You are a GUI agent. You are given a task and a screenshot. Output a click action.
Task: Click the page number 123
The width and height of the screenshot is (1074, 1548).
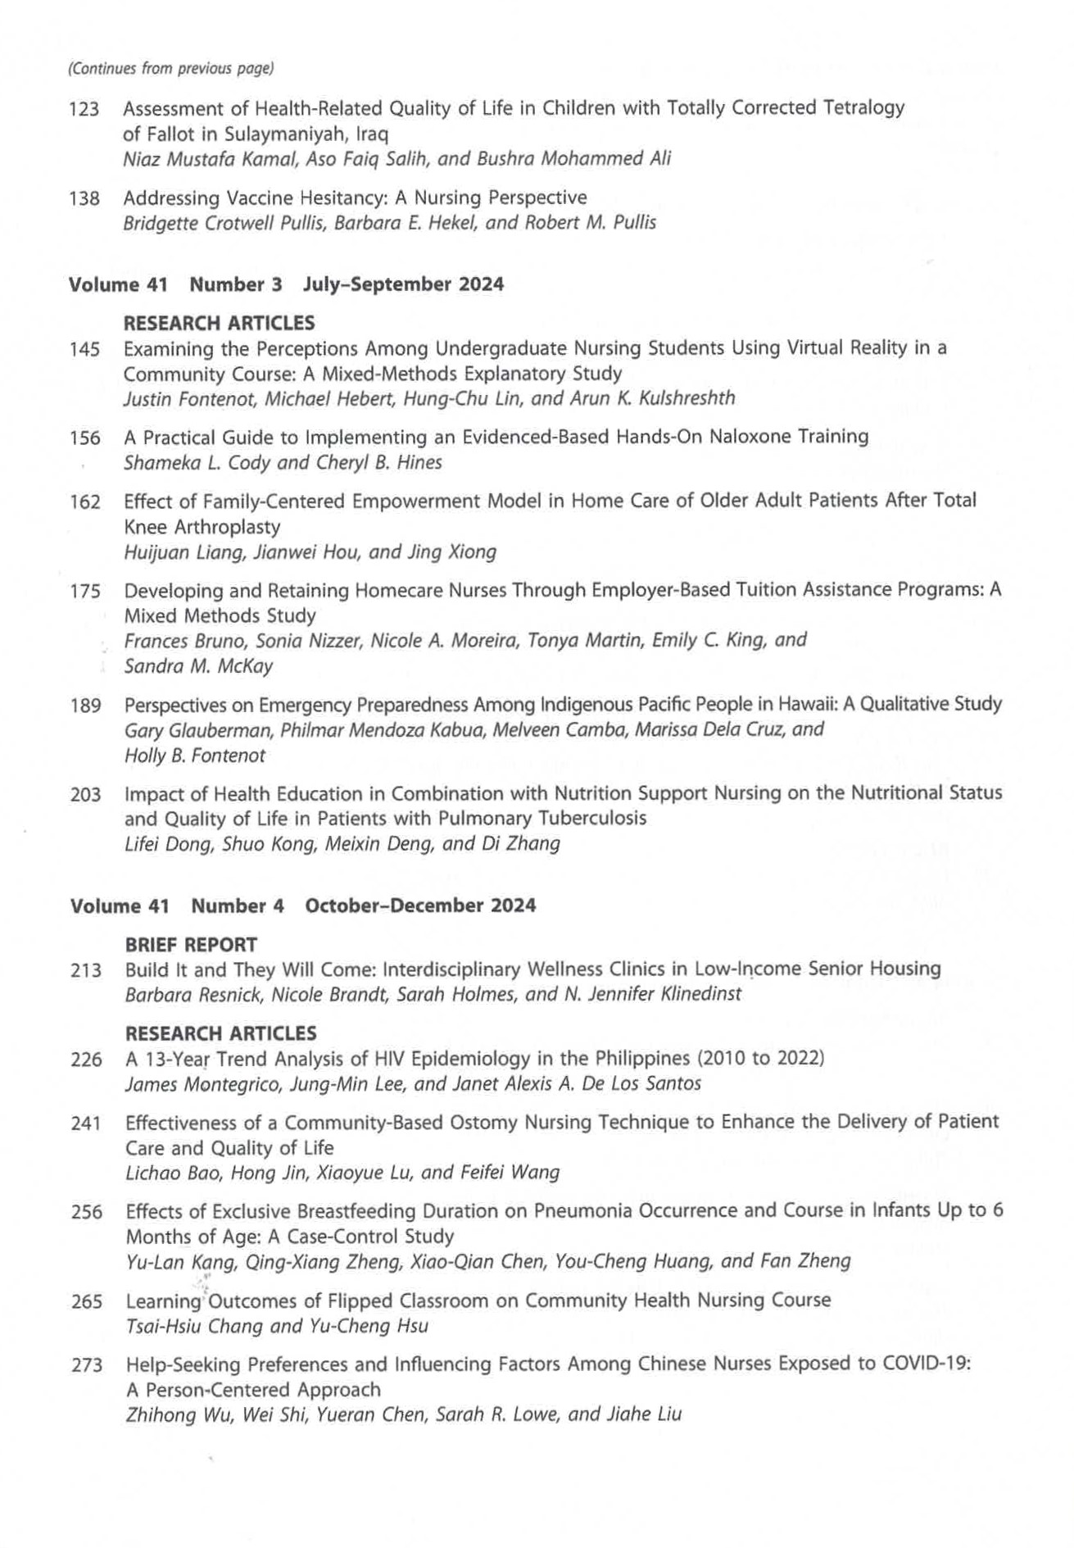pyautogui.click(x=84, y=109)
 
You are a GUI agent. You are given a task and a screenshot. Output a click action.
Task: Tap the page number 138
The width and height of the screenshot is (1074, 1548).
pyautogui.click(x=84, y=198)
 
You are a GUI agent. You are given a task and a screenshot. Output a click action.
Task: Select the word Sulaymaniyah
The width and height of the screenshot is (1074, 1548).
pyautogui.click(x=289, y=134)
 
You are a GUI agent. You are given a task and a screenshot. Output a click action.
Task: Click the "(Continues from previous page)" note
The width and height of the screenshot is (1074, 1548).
pyautogui.click(x=170, y=69)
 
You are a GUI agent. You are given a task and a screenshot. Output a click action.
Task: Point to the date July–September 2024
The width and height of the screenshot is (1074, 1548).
pyautogui.click(x=403, y=284)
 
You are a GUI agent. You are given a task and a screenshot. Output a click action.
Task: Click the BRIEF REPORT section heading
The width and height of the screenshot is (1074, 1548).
pyautogui.click(x=191, y=945)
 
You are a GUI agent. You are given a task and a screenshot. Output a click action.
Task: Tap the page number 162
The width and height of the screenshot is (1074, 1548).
pyautogui.click(x=85, y=502)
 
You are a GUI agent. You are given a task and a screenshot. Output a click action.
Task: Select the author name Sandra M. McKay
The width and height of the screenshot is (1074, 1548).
pyautogui.click(x=198, y=666)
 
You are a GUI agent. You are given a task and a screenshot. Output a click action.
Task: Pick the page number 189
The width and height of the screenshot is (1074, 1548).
pyautogui.click(x=85, y=706)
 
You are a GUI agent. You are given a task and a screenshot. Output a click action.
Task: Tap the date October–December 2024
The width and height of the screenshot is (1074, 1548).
pyautogui.click(x=420, y=906)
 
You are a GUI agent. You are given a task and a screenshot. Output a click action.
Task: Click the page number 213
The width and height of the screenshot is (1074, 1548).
pyautogui.click(x=86, y=971)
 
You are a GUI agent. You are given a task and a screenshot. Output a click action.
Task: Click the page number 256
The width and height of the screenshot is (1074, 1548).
pyautogui.click(x=86, y=1212)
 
